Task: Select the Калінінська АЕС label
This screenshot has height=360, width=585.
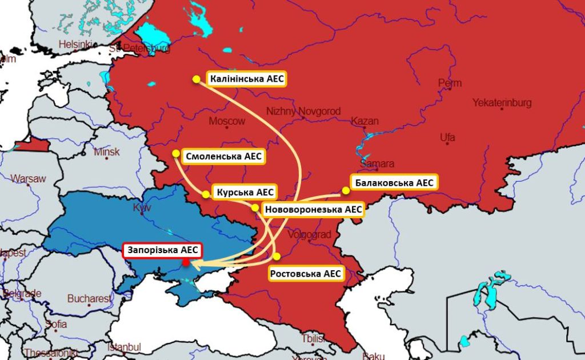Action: coord(246,79)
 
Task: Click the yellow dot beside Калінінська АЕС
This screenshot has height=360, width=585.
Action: coord(196,79)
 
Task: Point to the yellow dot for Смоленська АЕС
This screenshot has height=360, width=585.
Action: coord(176,153)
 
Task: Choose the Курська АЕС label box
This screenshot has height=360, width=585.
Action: coord(245,193)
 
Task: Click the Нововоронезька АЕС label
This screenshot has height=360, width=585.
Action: coord(314,210)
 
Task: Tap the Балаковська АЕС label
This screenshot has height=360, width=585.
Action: coord(394,183)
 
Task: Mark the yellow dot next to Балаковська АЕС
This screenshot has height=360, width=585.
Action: coord(346,190)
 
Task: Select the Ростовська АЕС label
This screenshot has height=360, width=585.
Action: coord(306,274)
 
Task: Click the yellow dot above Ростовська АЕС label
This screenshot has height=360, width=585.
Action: coord(277,256)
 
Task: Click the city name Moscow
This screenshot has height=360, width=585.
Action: coord(227,121)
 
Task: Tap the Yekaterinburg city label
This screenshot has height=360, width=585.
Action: coord(502,103)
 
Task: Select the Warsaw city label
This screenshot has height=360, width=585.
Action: coord(28,178)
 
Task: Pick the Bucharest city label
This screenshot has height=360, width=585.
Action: coord(90,298)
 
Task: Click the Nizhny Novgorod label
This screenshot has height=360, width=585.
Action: coord(303,111)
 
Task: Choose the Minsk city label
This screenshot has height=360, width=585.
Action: coord(107,152)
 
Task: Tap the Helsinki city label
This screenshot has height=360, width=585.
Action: coord(75,44)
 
